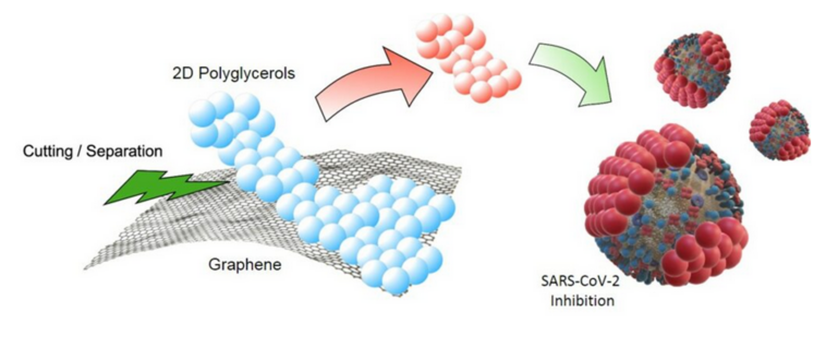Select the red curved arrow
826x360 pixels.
[x=372, y=83]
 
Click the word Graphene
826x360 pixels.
[x=245, y=264]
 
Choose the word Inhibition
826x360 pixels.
[x=582, y=300]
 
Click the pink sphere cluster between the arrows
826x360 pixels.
[x=467, y=57]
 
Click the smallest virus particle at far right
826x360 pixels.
[x=780, y=130]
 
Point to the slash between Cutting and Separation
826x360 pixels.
[x=79, y=151]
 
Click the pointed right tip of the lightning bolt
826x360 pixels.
[x=229, y=181]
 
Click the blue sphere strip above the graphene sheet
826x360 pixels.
[x=320, y=201]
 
